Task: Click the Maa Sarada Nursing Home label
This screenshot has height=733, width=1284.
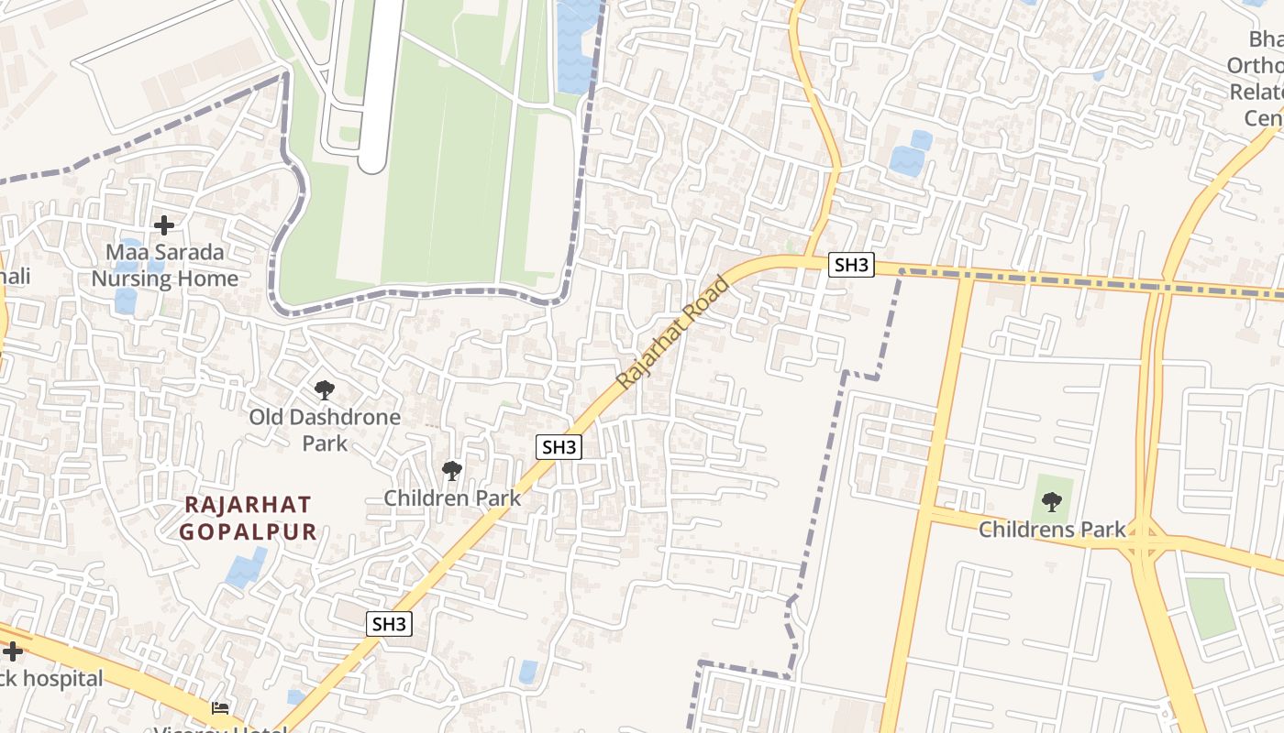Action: (x=164, y=265)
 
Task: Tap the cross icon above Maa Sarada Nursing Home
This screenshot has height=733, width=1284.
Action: (x=164, y=224)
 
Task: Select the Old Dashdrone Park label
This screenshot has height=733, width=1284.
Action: (x=325, y=430)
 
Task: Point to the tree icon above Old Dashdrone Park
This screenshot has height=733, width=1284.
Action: (x=324, y=390)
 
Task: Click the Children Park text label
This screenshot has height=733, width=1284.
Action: (x=452, y=498)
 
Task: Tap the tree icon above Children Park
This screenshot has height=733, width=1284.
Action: (x=451, y=471)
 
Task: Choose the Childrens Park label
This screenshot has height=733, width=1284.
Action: (x=1052, y=530)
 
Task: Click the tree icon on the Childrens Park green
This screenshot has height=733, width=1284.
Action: (x=1052, y=502)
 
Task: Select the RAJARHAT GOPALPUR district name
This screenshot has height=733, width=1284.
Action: (x=248, y=518)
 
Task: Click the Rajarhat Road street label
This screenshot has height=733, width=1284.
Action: (x=674, y=332)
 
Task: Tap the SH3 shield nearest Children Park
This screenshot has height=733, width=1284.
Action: (x=559, y=447)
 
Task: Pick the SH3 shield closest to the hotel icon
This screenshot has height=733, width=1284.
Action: (x=389, y=625)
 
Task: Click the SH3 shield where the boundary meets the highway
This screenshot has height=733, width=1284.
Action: (x=851, y=266)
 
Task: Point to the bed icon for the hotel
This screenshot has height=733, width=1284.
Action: (x=220, y=707)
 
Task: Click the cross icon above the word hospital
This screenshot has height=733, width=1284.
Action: (x=12, y=651)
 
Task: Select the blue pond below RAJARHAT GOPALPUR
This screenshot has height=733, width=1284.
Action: (x=247, y=568)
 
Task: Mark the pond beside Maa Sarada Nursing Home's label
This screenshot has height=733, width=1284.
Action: (x=126, y=301)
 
